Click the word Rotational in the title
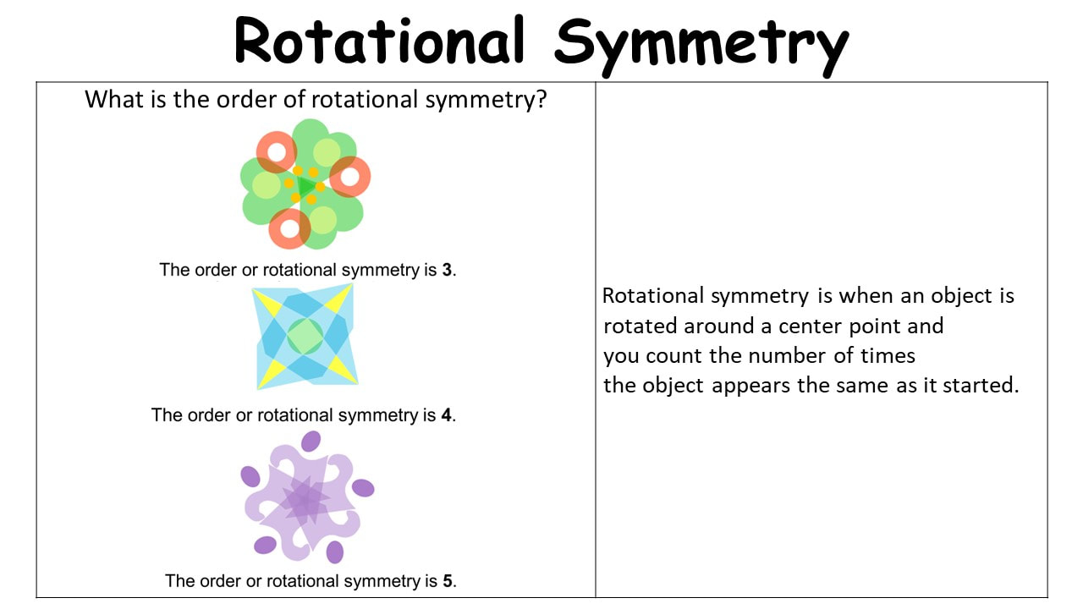[380, 41]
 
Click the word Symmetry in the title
[701, 47]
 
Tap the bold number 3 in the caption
[447, 270]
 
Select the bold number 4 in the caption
[446, 415]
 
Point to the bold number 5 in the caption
[448, 581]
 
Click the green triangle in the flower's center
[305, 186]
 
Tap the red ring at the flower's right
[350, 177]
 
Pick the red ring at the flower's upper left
[277, 152]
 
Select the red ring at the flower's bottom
[289, 228]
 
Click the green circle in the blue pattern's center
[305, 337]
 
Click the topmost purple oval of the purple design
[311, 442]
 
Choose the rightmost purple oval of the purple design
[363, 488]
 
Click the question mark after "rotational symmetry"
[541, 99]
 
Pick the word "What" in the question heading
[114, 99]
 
